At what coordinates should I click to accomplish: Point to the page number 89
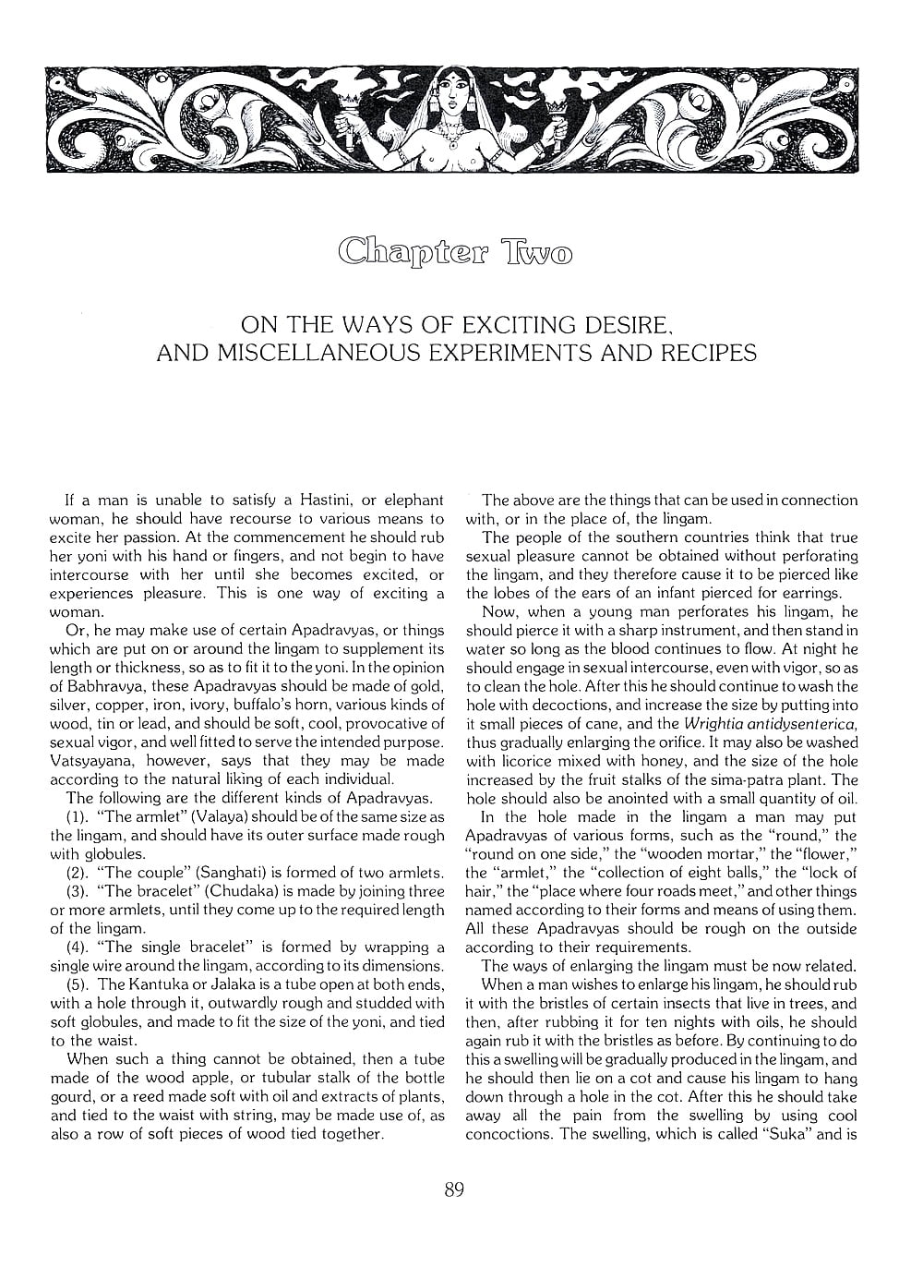coord(453,1189)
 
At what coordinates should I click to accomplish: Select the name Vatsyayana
coord(94,760)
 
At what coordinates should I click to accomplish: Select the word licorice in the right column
coord(523,761)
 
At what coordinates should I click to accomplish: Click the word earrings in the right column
coord(807,593)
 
